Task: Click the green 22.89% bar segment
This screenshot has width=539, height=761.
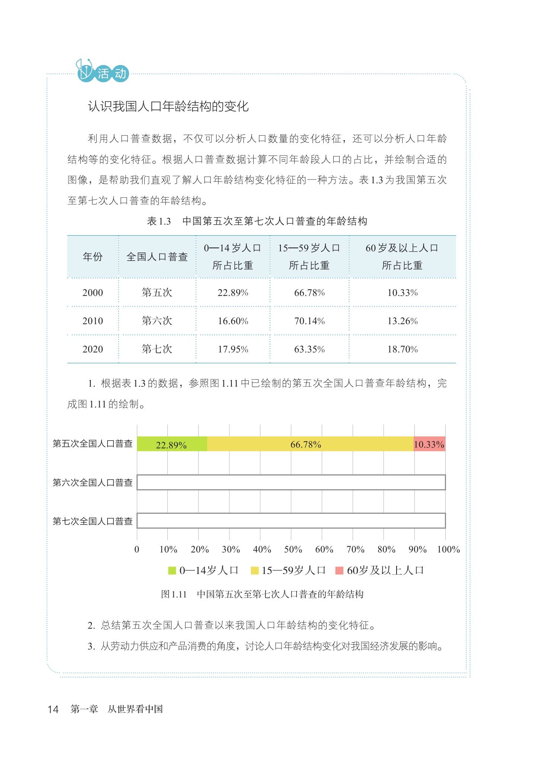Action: (172, 444)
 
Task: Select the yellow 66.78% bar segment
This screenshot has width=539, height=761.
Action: (310, 444)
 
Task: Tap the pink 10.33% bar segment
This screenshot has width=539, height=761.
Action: (429, 444)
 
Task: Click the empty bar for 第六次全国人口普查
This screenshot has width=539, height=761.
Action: (291, 483)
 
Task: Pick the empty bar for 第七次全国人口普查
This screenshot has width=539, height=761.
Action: (291, 521)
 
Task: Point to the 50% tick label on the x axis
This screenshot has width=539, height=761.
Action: (293, 549)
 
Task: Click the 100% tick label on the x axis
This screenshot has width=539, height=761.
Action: (448, 549)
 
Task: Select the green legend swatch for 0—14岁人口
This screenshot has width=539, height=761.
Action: (172, 570)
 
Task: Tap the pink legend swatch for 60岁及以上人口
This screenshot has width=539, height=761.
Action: (339, 570)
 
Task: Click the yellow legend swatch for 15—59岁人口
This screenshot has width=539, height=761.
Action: (254, 570)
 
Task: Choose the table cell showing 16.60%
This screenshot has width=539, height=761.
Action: (233, 321)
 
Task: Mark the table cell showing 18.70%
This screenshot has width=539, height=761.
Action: (402, 349)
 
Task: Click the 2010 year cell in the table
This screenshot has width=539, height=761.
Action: (93, 321)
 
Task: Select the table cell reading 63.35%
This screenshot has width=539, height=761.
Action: (309, 349)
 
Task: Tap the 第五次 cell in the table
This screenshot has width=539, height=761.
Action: (157, 293)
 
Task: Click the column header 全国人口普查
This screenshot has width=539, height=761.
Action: (157, 257)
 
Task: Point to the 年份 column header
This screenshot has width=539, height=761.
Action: (93, 257)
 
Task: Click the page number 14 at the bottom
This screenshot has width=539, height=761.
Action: (53, 709)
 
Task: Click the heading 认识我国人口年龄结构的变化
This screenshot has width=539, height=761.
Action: (168, 107)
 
